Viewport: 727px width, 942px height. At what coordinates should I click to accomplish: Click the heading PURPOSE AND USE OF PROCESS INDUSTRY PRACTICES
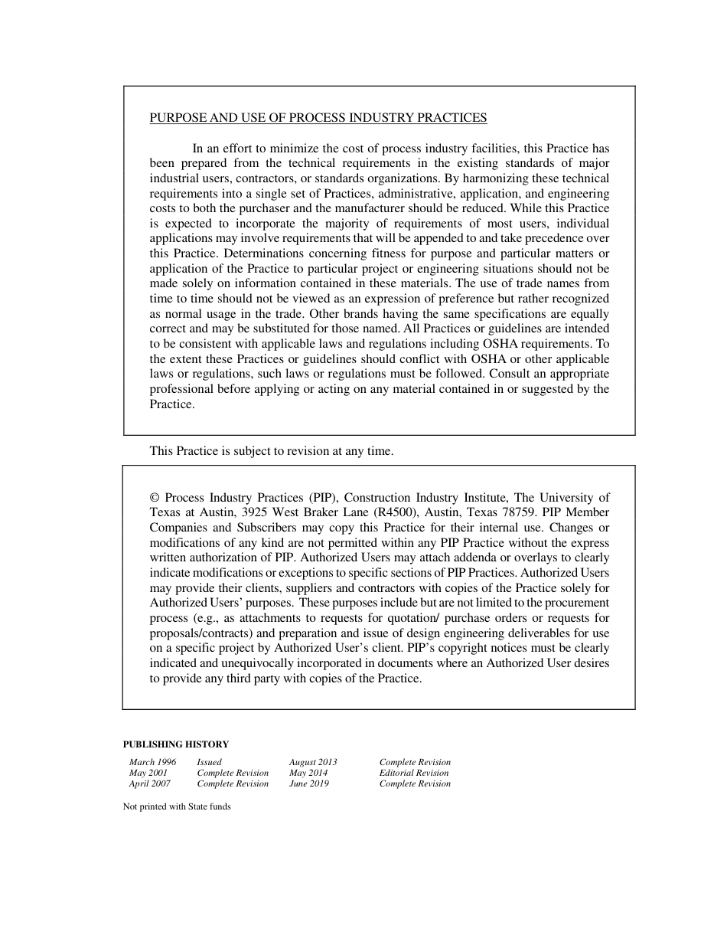coord(318,118)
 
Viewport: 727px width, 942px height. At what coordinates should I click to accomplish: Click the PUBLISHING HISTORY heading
coord(175,744)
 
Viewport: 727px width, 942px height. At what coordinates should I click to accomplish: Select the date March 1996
coord(152,762)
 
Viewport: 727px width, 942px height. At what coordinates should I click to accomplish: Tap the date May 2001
coord(148,773)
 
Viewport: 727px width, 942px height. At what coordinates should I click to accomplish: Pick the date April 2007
coord(149,783)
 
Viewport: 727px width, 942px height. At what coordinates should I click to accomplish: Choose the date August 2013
coord(312,762)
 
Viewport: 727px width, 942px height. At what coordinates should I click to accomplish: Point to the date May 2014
coord(308,773)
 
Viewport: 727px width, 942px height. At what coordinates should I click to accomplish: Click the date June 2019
coord(308,783)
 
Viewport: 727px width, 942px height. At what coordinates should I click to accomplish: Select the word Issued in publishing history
coord(209,762)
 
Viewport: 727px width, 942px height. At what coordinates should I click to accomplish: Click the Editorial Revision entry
coord(414,773)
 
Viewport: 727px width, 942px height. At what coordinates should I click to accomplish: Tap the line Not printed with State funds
coord(176,806)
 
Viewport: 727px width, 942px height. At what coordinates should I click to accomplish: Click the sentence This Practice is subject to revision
coord(271,451)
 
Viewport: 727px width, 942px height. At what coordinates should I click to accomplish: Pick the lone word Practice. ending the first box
coord(172,404)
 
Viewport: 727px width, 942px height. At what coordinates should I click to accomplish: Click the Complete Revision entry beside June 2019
coord(415,783)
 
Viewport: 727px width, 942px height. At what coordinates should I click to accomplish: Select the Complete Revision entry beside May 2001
coord(233,773)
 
